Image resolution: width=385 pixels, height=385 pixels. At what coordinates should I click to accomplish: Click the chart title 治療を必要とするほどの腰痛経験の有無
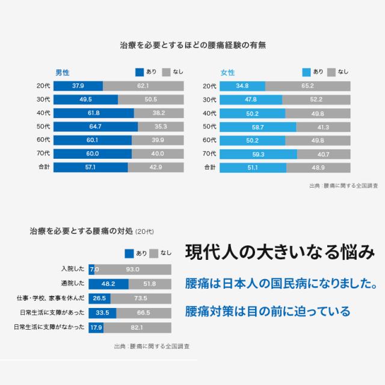pos(192,45)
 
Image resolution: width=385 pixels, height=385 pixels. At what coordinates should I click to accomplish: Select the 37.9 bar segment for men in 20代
pos(78,86)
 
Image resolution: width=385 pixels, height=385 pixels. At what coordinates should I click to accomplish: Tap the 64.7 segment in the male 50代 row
pos(95,126)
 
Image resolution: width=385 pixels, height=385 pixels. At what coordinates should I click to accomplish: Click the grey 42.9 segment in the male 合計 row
pos(155,167)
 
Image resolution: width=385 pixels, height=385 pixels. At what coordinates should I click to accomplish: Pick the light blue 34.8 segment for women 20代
pos(242,86)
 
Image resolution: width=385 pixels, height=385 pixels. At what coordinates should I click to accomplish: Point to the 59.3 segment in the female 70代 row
pos(258,154)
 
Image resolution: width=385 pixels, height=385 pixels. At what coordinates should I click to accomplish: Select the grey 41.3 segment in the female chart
pos(322,126)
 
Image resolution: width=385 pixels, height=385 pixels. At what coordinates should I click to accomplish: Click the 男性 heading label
pos(63,72)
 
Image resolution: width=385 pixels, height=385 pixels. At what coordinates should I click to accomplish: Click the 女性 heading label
pos(228,72)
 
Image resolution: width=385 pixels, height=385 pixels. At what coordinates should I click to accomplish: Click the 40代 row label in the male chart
pos(43,113)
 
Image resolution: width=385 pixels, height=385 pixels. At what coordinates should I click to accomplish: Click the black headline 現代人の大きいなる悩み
pos(280,251)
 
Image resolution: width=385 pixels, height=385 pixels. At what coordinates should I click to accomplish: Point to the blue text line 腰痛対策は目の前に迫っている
pos(268,311)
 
